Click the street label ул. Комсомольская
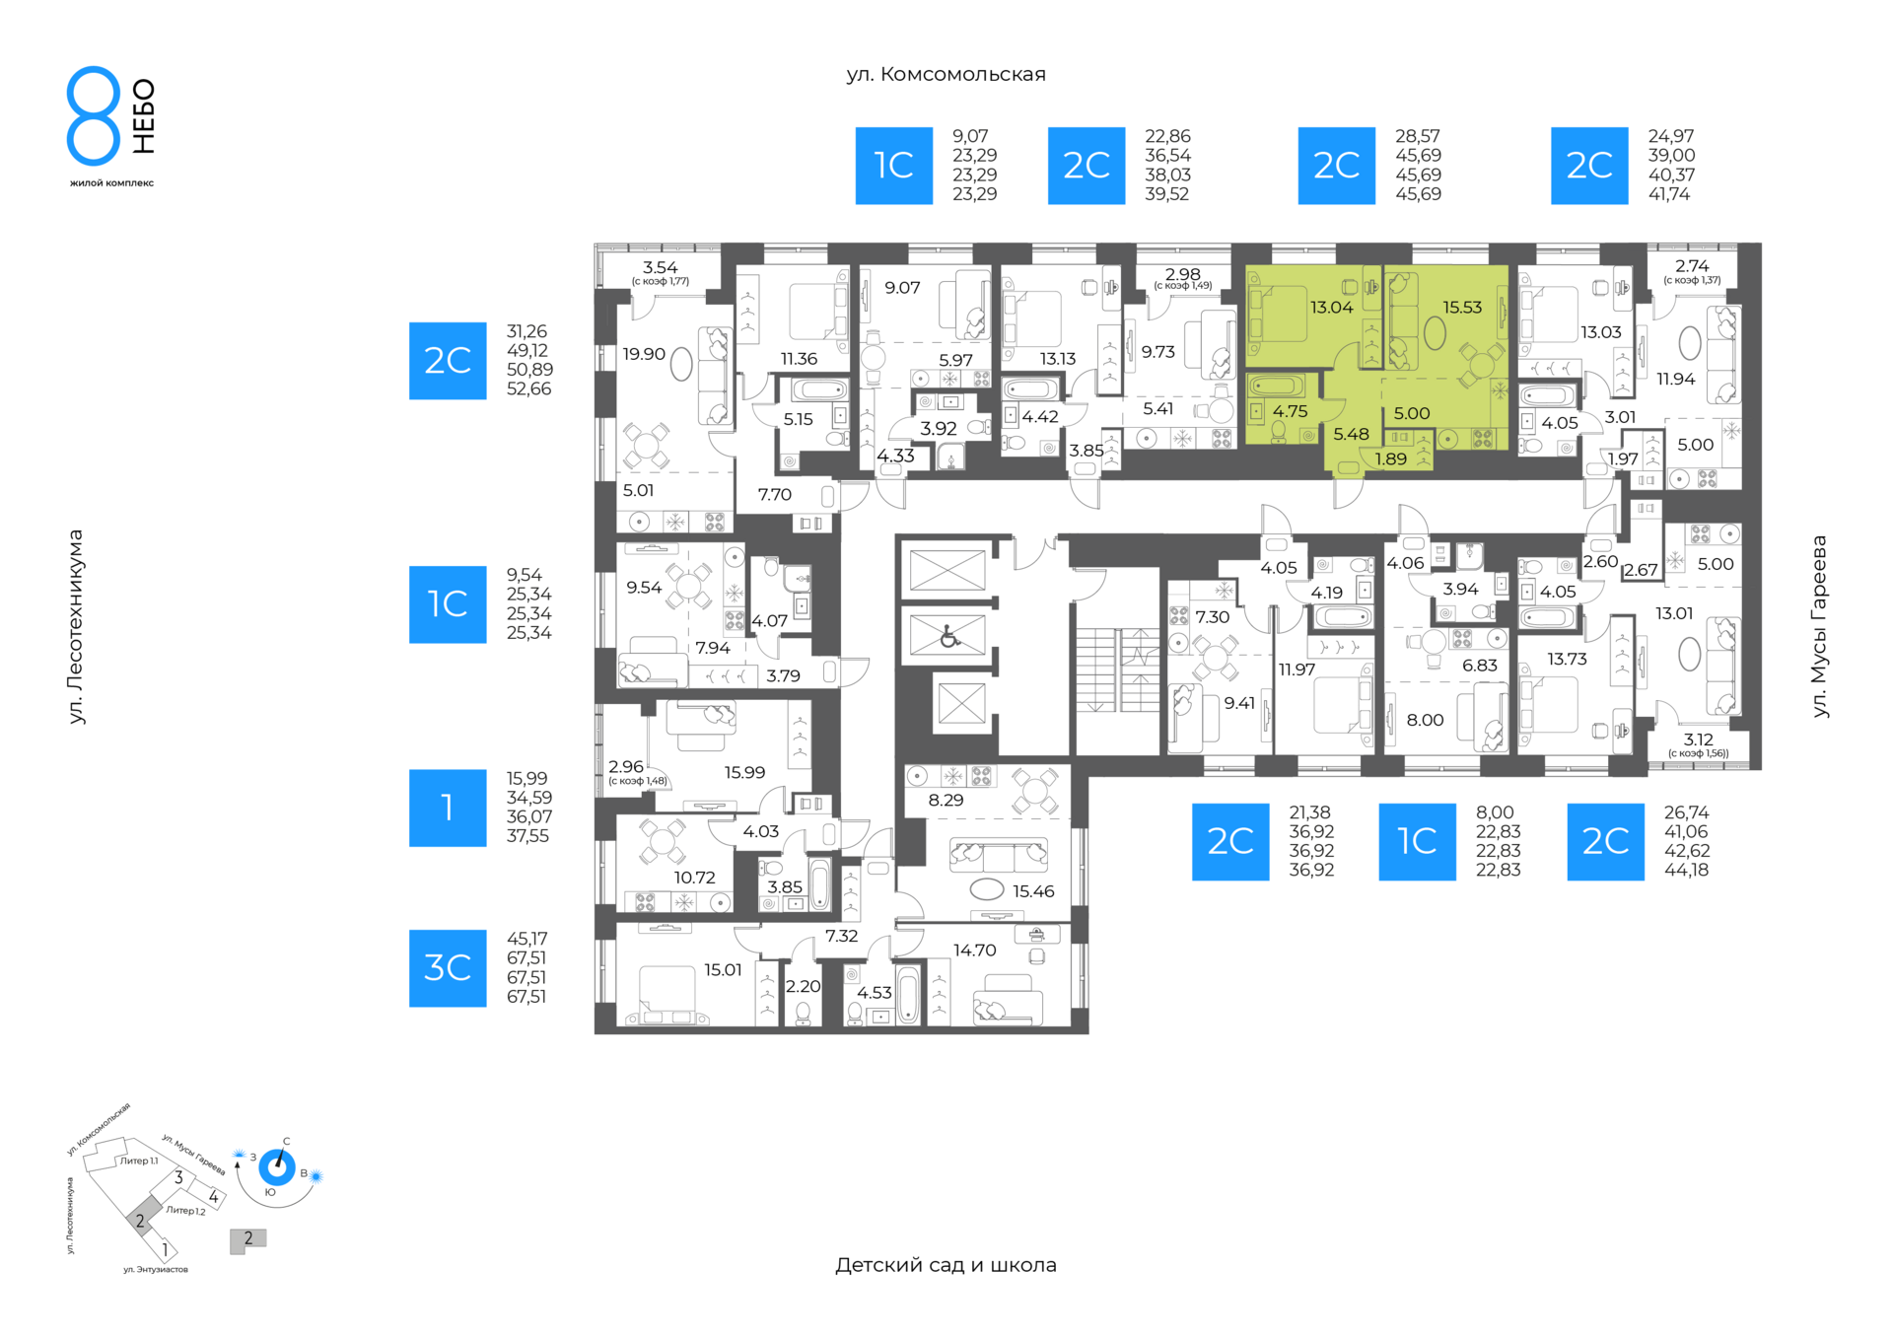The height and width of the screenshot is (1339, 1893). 946,74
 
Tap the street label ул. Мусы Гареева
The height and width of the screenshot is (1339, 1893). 1819,626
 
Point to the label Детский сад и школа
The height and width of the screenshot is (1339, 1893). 946,1265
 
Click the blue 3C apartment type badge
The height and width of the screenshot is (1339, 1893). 448,968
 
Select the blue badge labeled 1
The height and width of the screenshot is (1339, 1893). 448,809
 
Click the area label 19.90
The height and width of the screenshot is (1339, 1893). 644,354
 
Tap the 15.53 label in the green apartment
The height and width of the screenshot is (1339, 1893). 1462,308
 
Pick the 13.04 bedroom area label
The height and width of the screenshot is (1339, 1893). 1331,308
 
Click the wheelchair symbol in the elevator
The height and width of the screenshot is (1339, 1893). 949,636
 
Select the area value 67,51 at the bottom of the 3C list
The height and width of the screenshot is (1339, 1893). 526,997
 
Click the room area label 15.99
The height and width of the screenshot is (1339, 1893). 744,773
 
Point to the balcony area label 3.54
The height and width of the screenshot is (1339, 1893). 661,267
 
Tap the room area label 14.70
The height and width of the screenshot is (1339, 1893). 974,951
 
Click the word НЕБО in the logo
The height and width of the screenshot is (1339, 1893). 144,116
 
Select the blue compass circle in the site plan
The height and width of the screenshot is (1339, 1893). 277,1167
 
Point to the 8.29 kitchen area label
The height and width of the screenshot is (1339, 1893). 946,801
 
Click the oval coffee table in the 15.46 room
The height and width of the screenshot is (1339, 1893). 987,890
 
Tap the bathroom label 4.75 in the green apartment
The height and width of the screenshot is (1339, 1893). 1290,412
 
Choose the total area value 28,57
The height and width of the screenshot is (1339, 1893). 1418,136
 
